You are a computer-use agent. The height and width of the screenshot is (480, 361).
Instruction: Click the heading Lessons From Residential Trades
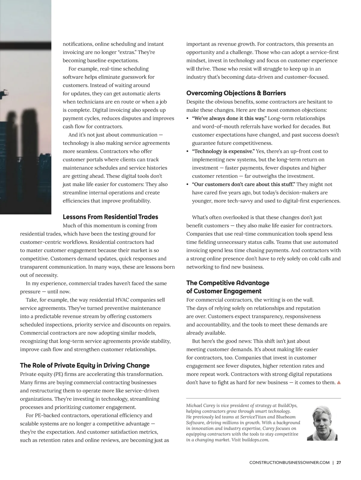click(110, 217)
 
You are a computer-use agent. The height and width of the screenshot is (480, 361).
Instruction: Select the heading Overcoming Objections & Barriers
click(236, 93)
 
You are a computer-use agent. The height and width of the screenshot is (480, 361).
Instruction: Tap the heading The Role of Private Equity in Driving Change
click(85, 366)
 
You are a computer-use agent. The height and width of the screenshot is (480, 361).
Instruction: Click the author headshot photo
click(322, 424)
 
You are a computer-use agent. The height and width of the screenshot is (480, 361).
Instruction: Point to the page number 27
click(338, 463)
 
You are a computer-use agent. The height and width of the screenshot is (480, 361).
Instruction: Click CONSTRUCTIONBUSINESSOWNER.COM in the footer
click(289, 463)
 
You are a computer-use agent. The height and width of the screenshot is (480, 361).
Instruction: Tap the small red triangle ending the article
click(339, 383)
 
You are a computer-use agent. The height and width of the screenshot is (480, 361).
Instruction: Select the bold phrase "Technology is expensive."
click(223, 151)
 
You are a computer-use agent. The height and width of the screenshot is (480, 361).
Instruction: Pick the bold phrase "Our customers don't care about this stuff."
click(243, 184)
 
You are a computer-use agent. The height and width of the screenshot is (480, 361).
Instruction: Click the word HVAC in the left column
click(123, 300)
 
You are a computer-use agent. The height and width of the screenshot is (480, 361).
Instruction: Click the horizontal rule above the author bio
click(264, 398)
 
